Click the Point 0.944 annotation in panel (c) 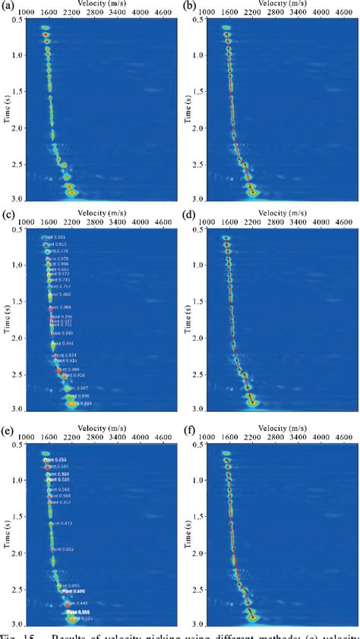(63, 344)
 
